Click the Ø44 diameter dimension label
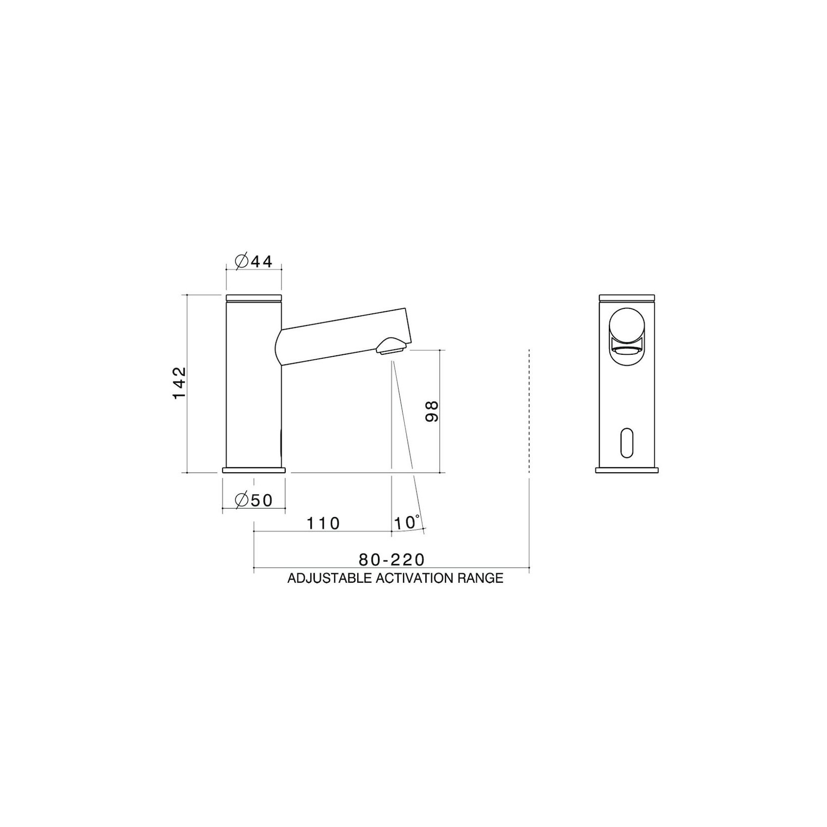254,262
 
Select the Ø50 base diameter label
254,500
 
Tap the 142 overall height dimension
180,383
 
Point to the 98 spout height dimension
432,411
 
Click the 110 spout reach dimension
324,523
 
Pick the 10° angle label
408,522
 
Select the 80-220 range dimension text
392,560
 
